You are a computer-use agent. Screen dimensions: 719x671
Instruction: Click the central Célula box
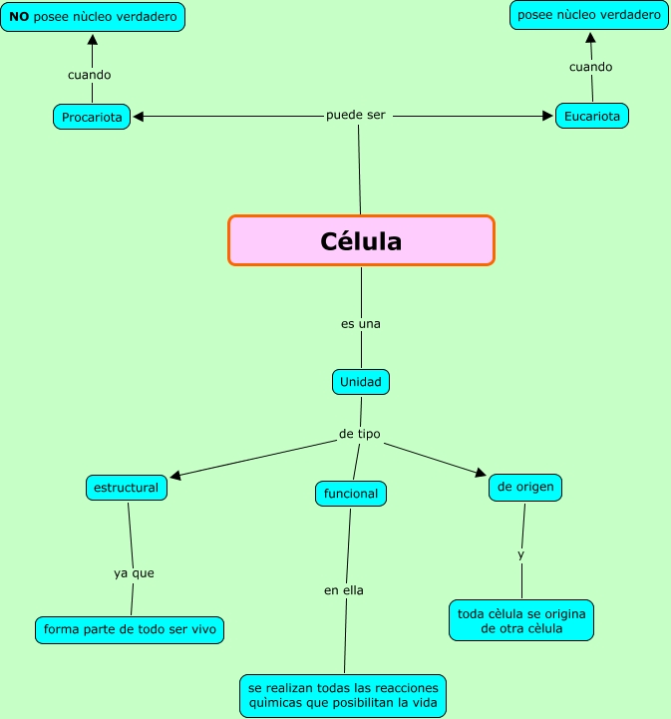tap(361, 240)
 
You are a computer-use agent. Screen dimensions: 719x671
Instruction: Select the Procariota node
tap(92, 117)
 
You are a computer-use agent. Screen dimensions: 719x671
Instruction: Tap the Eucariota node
tap(592, 116)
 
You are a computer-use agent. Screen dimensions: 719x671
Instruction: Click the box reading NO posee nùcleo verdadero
tap(93, 17)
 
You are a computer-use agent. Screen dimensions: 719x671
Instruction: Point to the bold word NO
tap(19, 17)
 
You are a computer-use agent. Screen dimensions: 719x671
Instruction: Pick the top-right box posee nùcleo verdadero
tap(587, 15)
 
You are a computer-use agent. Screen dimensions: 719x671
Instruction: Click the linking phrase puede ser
tap(356, 115)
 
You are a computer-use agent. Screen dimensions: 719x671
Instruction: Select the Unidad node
tap(361, 382)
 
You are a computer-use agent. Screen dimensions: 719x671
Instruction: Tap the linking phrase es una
tap(361, 324)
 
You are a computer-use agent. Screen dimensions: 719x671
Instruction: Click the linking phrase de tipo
tap(360, 434)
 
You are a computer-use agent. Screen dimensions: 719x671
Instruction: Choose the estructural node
tap(126, 488)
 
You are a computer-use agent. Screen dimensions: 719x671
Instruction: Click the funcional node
tap(351, 493)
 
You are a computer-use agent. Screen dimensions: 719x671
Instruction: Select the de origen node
tap(526, 487)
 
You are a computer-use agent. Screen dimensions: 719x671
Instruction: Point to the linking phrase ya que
tap(134, 573)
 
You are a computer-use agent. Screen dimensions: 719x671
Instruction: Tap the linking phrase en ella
tap(344, 590)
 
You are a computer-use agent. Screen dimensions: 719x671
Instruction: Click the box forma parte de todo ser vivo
tap(130, 629)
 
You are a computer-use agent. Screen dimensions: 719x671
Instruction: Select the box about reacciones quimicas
tap(343, 696)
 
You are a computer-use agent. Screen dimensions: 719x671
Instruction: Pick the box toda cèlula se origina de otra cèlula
tap(521, 620)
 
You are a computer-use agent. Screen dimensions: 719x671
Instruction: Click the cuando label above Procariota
tap(90, 75)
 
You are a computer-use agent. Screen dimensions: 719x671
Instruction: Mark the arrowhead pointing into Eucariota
tap(547, 116)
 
